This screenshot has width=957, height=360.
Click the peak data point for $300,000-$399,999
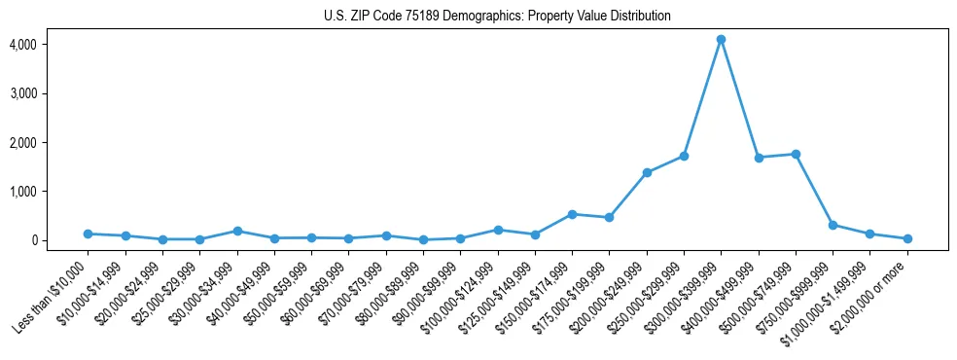pos(721,40)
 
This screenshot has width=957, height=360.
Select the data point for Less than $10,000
pos(89,234)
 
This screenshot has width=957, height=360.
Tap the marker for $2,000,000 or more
pos(907,238)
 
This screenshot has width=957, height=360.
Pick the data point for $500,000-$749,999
pos(796,154)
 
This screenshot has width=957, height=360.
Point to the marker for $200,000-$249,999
pos(647,172)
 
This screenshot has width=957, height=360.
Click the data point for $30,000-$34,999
pos(237,231)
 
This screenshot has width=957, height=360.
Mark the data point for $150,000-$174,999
pos(572,214)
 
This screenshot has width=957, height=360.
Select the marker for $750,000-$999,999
pos(833,225)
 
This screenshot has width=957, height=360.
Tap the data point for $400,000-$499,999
pos(759,157)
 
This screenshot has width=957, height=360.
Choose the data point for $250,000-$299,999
pos(684,156)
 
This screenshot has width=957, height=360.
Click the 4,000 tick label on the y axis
pos(23,45)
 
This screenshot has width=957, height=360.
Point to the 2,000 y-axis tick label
pos(23,143)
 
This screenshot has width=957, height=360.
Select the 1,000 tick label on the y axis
pos(23,192)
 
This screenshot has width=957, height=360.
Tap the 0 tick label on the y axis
pos(32,240)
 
